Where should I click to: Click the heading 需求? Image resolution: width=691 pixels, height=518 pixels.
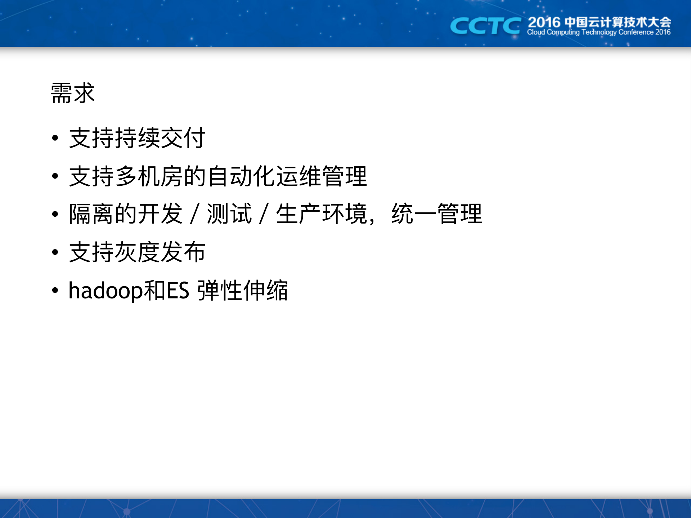[73, 93]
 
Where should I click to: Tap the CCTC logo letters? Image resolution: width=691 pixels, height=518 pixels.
[485, 26]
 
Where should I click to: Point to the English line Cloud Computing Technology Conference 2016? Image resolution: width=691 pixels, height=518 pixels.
[598, 32]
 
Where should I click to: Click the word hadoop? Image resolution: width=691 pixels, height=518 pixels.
[106, 290]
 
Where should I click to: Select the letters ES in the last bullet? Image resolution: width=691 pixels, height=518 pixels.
[178, 290]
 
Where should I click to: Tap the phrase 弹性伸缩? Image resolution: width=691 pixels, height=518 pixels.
[243, 290]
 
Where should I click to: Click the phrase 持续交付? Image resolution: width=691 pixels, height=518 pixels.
[160, 138]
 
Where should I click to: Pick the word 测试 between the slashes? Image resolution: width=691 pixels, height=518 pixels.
[229, 214]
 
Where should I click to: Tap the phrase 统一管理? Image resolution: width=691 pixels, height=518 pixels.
[436, 214]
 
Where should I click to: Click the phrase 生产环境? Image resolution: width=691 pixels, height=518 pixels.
[322, 214]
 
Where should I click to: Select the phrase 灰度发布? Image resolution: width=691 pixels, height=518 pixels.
[160, 252]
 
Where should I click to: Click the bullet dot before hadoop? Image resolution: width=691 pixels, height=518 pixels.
[55, 290]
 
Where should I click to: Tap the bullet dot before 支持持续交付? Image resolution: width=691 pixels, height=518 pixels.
[55, 138]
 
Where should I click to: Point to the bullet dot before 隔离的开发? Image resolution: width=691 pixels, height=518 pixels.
[55, 214]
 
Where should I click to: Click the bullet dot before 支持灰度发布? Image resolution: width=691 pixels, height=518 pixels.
[55, 252]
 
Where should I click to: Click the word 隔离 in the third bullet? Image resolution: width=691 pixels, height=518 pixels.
[91, 214]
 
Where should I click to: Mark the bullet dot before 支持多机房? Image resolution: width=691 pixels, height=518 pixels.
[55, 176]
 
